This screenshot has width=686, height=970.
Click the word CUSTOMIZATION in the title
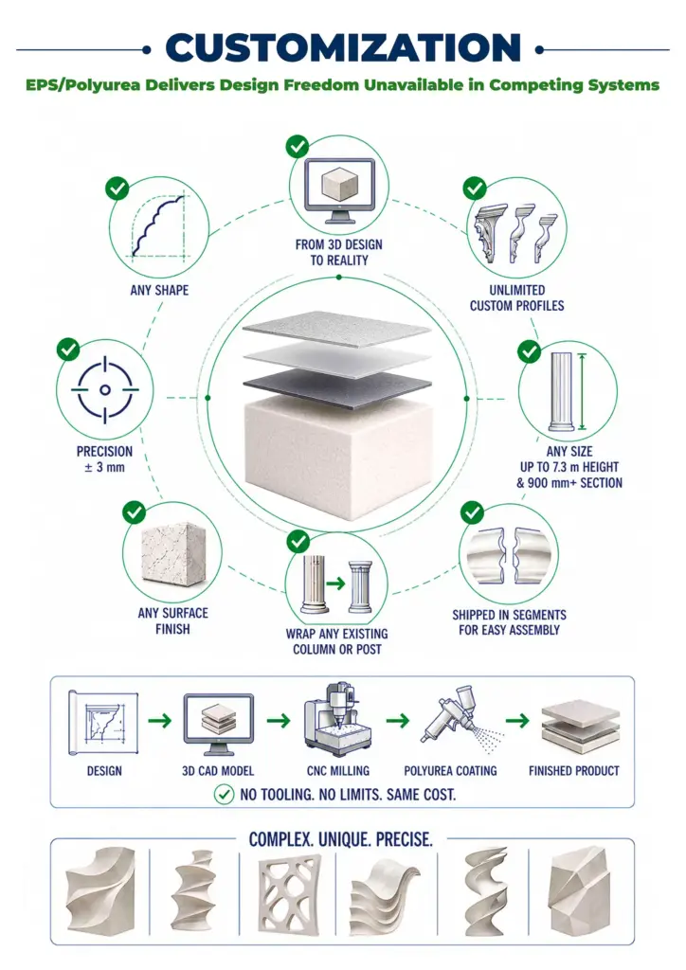(343, 47)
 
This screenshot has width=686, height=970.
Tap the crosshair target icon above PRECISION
(104, 389)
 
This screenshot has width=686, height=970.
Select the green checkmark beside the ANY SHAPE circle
(117, 189)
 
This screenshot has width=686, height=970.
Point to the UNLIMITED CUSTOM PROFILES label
(516, 297)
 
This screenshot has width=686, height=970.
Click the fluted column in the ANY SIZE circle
(562, 391)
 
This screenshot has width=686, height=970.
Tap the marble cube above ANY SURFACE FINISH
(173, 552)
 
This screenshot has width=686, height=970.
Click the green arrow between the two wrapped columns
(335, 584)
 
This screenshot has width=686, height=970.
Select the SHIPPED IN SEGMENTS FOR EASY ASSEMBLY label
(509, 622)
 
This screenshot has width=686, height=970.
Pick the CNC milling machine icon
(338, 720)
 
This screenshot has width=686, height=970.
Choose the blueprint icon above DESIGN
(102, 722)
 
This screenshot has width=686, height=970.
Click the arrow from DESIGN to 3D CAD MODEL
(159, 721)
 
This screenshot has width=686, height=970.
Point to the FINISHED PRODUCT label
(574, 771)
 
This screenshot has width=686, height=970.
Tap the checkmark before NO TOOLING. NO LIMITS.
(224, 795)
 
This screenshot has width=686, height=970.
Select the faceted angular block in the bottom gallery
(580, 891)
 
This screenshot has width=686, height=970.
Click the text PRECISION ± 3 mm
(104, 459)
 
